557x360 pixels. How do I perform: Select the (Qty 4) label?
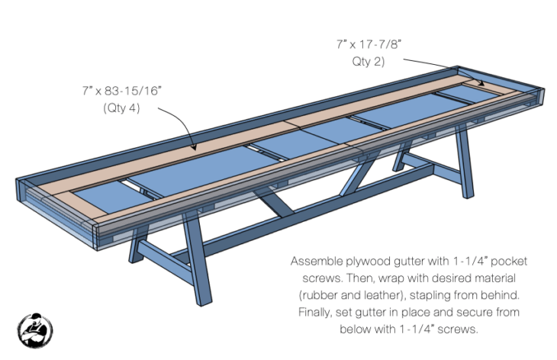click(x=122, y=108)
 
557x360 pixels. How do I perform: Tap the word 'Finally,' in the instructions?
click(x=314, y=312)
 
